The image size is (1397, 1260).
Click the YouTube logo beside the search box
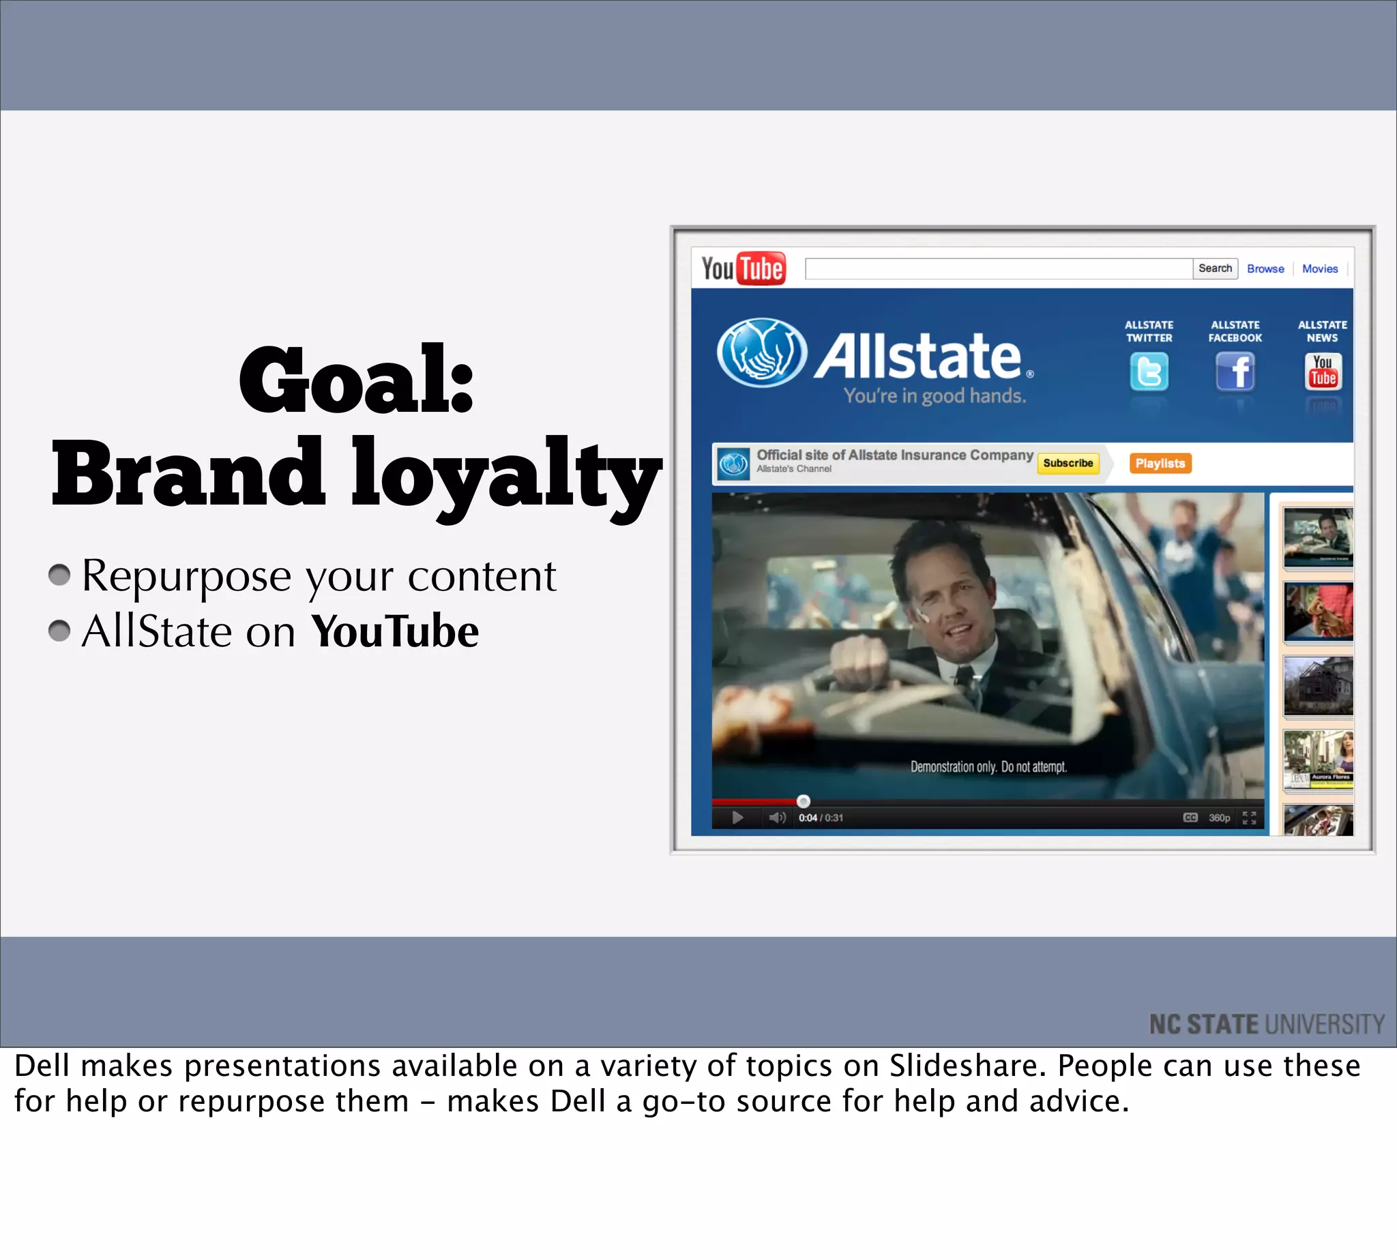tap(743, 269)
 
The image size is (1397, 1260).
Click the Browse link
tap(1265, 269)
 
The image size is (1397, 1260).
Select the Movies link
tap(1319, 269)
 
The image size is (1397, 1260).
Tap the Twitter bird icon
tap(1148, 372)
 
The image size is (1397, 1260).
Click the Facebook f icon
tap(1235, 372)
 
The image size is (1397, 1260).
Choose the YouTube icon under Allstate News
tap(1322, 372)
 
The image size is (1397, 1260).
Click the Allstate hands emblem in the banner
tap(761, 352)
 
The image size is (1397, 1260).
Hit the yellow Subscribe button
tap(1068, 463)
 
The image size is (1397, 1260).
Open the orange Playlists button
tap(1160, 463)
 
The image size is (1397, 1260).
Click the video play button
tap(737, 817)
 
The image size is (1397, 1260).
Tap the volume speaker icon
tap(776, 817)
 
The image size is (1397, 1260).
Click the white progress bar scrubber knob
tap(803, 801)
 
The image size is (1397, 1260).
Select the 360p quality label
tap(1219, 817)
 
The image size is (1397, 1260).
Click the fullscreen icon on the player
tap(1249, 817)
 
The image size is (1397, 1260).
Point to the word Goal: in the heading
tap(356, 380)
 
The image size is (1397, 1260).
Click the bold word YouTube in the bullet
tap(395, 631)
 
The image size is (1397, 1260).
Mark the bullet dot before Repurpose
tap(59, 575)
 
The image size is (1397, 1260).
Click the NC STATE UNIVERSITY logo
tap(1266, 1024)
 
